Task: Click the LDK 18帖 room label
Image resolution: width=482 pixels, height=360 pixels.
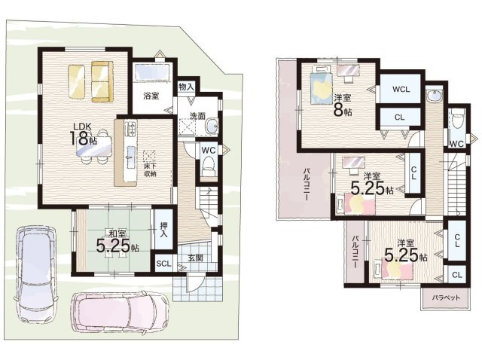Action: [83, 134]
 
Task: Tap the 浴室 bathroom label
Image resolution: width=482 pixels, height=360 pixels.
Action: [151, 96]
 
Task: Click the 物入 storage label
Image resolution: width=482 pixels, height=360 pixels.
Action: [186, 87]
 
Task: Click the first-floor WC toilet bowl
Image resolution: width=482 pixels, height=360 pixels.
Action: [209, 166]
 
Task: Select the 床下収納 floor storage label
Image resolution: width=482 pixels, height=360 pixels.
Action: [151, 170]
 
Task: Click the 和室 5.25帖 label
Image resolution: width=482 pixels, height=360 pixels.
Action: [117, 242]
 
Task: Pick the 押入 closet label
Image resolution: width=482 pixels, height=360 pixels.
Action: [164, 230]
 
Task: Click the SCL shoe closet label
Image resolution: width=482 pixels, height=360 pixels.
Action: [163, 264]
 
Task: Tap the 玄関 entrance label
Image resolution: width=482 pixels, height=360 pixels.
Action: [195, 258]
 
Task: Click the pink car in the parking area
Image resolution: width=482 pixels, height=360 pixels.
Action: [120, 311]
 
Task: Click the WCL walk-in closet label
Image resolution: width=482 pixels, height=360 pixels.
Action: [401, 89]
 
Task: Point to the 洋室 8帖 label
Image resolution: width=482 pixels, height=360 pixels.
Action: [343, 105]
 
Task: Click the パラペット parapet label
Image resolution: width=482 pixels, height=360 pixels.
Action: [445, 297]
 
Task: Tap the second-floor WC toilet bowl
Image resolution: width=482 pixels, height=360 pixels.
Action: [458, 121]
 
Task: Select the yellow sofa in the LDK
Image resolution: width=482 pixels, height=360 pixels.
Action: [102, 81]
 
